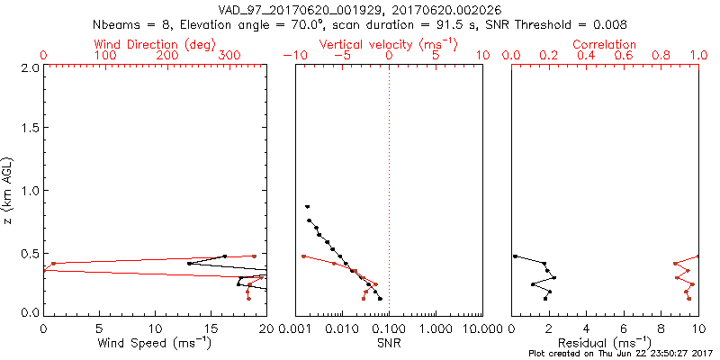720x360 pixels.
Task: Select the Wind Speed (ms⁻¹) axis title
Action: pyautogui.click(x=156, y=342)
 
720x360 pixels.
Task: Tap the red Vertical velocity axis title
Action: pyautogui.click(x=389, y=44)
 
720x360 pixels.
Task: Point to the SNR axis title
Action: pyautogui.click(x=389, y=342)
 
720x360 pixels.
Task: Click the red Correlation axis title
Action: pyautogui.click(x=605, y=44)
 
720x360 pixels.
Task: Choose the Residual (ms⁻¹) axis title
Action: pyautogui.click(x=606, y=342)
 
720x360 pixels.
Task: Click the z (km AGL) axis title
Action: pyautogui.click(x=8, y=189)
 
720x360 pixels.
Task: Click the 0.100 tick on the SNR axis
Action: pyautogui.click(x=389, y=328)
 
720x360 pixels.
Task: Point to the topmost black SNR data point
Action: pyautogui.click(x=307, y=206)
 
